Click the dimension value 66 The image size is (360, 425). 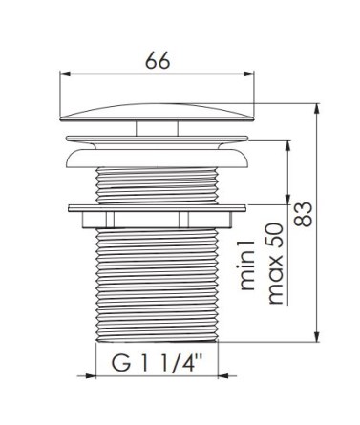(158, 60)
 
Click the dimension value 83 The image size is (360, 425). (303, 214)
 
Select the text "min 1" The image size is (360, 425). (247, 266)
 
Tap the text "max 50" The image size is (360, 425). (275, 264)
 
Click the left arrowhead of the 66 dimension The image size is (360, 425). (65, 74)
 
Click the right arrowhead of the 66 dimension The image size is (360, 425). (249, 74)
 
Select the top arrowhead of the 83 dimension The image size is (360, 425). (316, 108)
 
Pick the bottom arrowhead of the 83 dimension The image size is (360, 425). (316, 337)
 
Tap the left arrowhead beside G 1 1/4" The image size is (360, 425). (91, 376)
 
